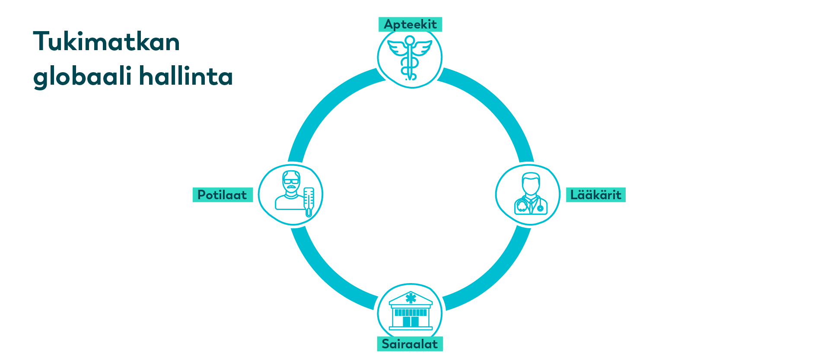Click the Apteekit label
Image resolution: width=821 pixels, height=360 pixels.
[410, 24]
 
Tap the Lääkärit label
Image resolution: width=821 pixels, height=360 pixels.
[595, 195]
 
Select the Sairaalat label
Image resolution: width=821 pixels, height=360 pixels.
[410, 344]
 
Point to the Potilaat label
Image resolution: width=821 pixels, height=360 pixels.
[223, 195]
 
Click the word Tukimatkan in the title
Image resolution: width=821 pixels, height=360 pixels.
[107, 41]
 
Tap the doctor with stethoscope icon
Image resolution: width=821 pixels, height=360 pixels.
[531, 194]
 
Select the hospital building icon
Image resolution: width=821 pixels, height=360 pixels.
[410, 311]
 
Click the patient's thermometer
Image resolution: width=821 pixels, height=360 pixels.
[309, 202]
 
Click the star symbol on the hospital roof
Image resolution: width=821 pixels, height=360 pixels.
[410, 298]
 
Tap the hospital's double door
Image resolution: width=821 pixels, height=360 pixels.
[410, 322]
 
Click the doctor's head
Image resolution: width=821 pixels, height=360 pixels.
[531, 183]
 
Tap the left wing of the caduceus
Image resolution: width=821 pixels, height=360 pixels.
[396, 48]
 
